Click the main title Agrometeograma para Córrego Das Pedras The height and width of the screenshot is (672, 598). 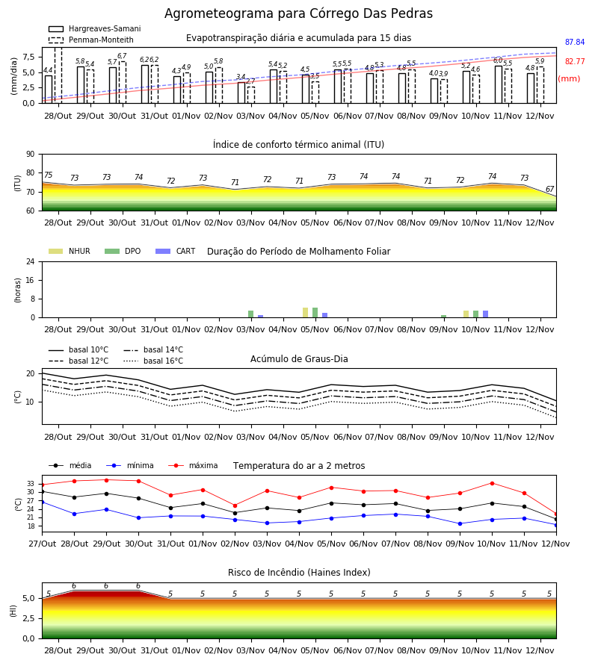tap(298, 13)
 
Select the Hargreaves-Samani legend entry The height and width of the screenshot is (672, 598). tap(95, 28)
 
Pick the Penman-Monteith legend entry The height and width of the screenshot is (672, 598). tap(91, 40)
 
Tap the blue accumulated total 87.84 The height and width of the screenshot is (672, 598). tap(575, 42)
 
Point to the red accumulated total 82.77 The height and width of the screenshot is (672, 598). tap(575, 61)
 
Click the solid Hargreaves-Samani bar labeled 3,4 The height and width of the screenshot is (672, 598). tap(241, 93)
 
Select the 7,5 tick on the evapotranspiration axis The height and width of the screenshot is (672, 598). tap(28, 57)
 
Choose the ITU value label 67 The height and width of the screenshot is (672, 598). tap(549, 189)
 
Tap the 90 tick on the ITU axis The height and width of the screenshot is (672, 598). tap(31, 155)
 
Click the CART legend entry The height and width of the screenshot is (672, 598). tap(176, 251)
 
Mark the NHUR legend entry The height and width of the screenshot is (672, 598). tap(70, 251)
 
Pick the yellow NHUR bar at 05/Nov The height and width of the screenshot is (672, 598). tap(306, 312)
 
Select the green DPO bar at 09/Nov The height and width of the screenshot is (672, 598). tap(443, 317)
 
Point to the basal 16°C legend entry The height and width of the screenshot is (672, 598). tap(153, 361)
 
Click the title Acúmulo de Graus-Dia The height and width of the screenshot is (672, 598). tap(299, 359)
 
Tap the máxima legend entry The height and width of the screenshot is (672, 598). tap(193, 465)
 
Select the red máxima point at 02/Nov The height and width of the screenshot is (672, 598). tap(235, 505)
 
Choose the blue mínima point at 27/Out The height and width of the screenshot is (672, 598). tap(42, 502)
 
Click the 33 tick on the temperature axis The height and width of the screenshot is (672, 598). tap(31, 484)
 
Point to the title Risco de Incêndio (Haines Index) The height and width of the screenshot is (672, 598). tap(299, 573)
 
